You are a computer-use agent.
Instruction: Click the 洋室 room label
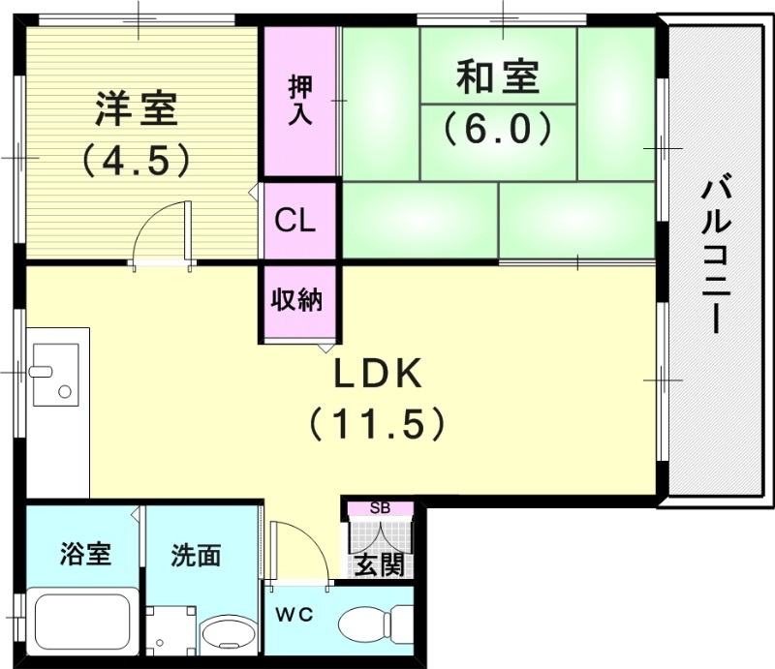(x=136, y=109)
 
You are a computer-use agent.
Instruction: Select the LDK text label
(x=377, y=373)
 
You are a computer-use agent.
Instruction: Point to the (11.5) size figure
(x=377, y=422)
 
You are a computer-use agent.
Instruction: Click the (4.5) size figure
(x=135, y=157)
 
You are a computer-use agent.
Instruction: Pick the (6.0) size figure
(x=498, y=127)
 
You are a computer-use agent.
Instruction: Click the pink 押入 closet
(x=299, y=102)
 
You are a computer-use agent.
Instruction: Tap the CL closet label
(x=295, y=221)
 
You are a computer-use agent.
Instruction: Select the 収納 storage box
(x=295, y=301)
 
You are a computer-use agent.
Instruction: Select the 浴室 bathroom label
(x=84, y=555)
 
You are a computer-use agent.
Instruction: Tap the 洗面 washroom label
(x=196, y=555)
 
